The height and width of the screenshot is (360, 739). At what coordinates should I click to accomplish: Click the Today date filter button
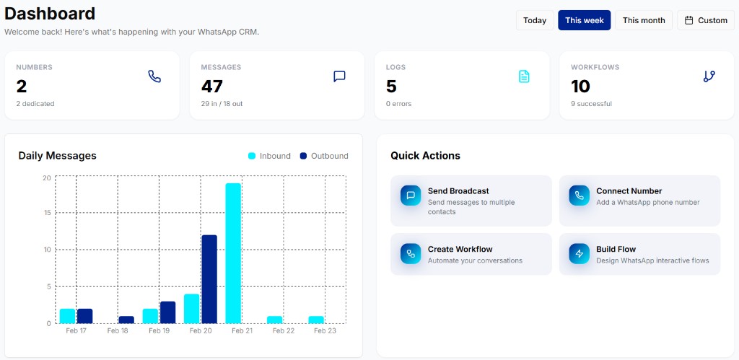click(x=535, y=20)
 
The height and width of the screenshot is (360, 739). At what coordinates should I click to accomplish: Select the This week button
click(x=584, y=20)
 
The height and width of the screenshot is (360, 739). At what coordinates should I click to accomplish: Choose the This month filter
click(x=643, y=20)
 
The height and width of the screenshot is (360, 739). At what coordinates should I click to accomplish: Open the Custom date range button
click(x=706, y=20)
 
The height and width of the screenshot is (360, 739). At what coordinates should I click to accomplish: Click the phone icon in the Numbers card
click(x=154, y=76)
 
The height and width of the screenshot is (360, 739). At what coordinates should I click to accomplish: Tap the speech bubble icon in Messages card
click(x=339, y=76)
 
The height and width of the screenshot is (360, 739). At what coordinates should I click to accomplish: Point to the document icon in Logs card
click(x=524, y=76)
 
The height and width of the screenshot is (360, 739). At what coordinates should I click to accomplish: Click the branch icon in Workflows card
click(x=709, y=76)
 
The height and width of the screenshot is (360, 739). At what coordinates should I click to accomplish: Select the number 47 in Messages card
click(x=211, y=87)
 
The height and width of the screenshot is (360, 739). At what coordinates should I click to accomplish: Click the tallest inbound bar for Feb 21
click(x=232, y=253)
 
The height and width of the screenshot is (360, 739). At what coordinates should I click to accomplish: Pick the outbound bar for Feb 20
click(x=209, y=278)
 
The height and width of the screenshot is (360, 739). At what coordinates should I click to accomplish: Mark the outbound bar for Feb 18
click(x=126, y=320)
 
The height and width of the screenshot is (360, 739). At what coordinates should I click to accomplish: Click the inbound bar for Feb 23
click(x=315, y=320)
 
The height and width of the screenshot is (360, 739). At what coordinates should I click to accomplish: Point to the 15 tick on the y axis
click(x=46, y=213)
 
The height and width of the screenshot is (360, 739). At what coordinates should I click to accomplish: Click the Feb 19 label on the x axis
click(x=159, y=331)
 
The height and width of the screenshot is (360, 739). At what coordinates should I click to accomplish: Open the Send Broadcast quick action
click(x=471, y=201)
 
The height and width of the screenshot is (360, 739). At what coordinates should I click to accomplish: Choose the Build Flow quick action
click(x=639, y=254)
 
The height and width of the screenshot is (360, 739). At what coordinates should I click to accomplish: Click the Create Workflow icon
click(x=411, y=253)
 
